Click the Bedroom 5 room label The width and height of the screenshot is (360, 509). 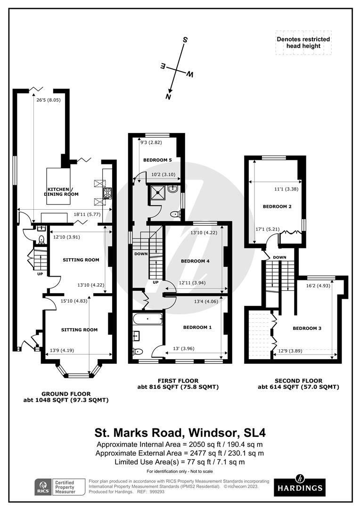(x=157, y=160)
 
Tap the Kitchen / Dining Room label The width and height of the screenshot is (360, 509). (x=61, y=191)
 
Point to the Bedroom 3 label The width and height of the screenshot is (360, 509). (x=307, y=328)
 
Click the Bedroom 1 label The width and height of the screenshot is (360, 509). (x=197, y=327)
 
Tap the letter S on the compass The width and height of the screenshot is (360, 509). (x=185, y=40)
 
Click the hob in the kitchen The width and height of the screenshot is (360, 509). (x=107, y=193)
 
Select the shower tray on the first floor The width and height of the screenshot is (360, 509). (x=157, y=194)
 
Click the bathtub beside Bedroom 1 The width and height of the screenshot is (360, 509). (x=147, y=319)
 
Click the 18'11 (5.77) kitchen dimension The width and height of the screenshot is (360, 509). (x=87, y=214)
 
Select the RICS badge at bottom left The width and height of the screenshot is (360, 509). (x=43, y=487)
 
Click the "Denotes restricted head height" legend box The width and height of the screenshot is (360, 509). (x=303, y=42)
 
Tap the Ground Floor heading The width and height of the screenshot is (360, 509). (x=66, y=394)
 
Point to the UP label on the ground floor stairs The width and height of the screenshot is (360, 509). (x=40, y=274)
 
